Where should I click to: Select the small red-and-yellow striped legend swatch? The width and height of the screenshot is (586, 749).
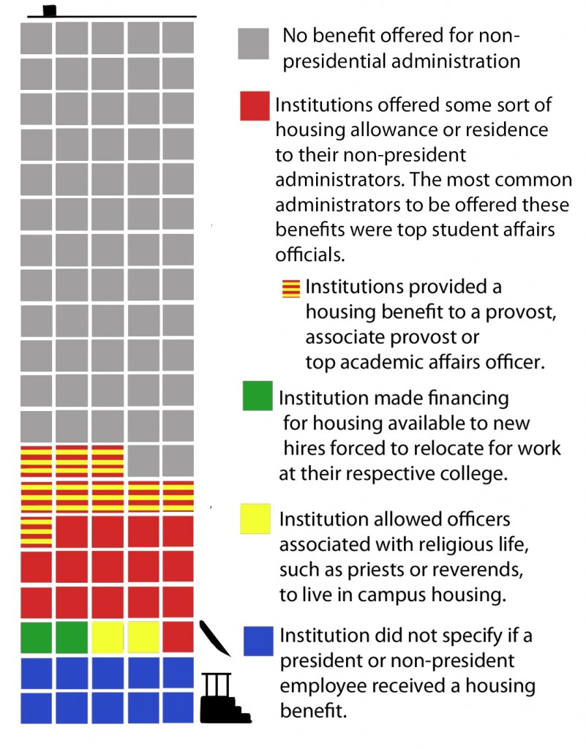click(291, 288)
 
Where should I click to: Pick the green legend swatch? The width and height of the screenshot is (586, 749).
click(258, 396)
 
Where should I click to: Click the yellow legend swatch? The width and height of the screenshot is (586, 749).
click(255, 519)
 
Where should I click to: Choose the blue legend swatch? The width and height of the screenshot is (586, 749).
click(258, 641)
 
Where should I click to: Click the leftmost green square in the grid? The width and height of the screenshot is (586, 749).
click(36, 637)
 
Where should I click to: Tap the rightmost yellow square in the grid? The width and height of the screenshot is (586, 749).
click(143, 637)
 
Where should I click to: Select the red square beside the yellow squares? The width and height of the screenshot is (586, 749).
click(179, 637)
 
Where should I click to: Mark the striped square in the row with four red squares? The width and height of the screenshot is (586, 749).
click(36, 531)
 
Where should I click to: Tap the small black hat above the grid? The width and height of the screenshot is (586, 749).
click(49, 10)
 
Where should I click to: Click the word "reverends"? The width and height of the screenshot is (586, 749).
click(475, 569)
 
